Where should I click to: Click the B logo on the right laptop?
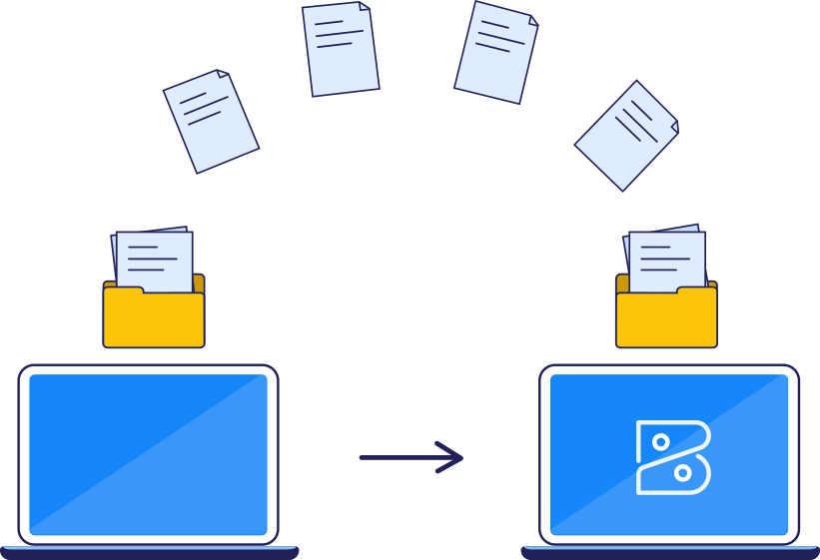672,457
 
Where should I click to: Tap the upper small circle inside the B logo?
660,441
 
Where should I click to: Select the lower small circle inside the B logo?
682,472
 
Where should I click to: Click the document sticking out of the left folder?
154,260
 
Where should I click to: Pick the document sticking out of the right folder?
666,259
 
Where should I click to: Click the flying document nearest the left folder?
211,121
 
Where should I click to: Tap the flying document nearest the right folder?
627,135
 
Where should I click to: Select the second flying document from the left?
341,49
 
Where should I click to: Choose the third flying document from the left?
496,52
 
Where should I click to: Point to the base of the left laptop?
149,551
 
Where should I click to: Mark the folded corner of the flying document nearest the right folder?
674,127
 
